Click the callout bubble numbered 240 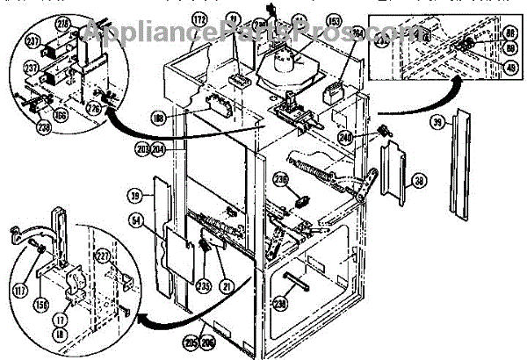click(x=370, y=137)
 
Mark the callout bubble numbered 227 click(x=103, y=257)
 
